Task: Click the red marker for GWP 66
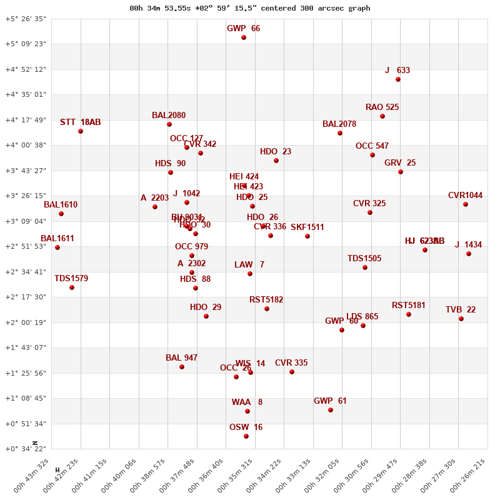pyautogui.click(x=244, y=38)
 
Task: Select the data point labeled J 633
pyautogui.click(x=398, y=79)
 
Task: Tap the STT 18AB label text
pyautogui.click(x=80, y=122)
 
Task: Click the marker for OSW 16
pyautogui.click(x=246, y=436)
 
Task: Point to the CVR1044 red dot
pyautogui.click(x=466, y=204)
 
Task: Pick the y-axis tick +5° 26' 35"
pyautogui.click(x=26, y=19)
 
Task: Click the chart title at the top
pyautogui.click(x=250, y=8)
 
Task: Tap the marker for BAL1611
pyautogui.click(x=57, y=247)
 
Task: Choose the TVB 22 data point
pyautogui.click(x=461, y=319)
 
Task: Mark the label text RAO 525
pyautogui.click(x=382, y=107)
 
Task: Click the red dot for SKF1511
pyautogui.click(x=307, y=236)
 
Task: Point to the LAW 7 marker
pyautogui.click(x=250, y=274)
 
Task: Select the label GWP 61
pyautogui.click(x=330, y=401)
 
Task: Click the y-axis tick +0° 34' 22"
pyautogui.click(x=26, y=449)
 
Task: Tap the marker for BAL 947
pyautogui.click(x=182, y=367)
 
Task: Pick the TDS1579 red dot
pyautogui.click(x=72, y=287)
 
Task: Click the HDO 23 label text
pyautogui.click(x=276, y=152)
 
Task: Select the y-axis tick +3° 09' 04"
pyautogui.click(x=26, y=221)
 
